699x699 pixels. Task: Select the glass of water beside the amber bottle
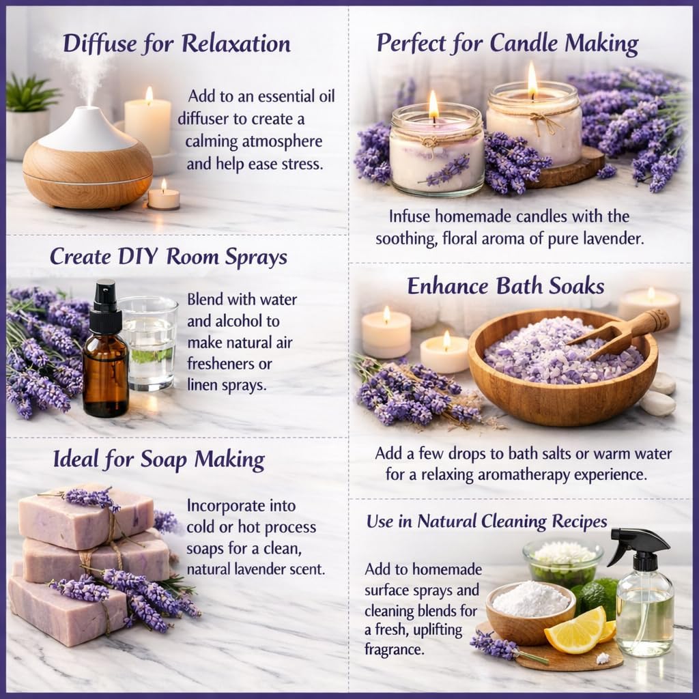147,345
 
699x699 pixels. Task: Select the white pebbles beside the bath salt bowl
659,395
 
